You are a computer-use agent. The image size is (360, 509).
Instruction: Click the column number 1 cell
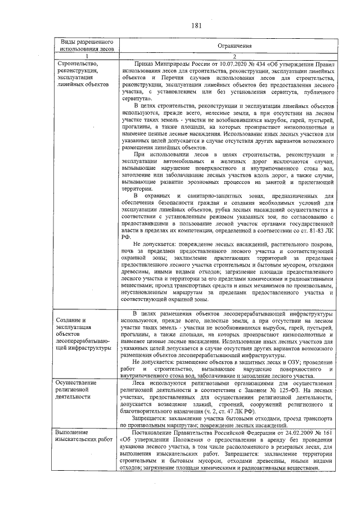point(87,57)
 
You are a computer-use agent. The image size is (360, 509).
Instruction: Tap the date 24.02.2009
point(295,433)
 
